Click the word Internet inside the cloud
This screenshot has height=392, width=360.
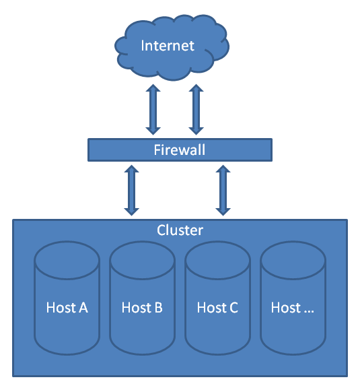pyautogui.click(x=168, y=46)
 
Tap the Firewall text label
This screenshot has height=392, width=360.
pyautogui.click(x=180, y=150)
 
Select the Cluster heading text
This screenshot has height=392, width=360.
pyautogui.click(x=180, y=230)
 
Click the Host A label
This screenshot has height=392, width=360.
pyautogui.click(x=67, y=307)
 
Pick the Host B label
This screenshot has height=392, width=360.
pyautogui.click(x=142, y=307)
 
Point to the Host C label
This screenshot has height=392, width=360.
pyautogui.click(x=217, y=307)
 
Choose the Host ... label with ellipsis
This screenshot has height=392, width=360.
pyautogui.click(x=292, y=307)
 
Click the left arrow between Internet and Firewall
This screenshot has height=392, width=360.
pyautogui.click(x=153, y=110)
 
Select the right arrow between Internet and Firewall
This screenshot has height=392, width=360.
pyautogui.click(x=196, y=110)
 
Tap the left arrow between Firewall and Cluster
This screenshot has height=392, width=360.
pyautogui.click(x=132, y=190)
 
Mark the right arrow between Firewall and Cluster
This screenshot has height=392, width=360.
pyautogui.click(x=223, y=190)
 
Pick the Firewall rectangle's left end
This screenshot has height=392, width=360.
pyautogui.click(x=88, y=150)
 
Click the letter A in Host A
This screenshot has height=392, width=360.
pyautogui.click(x=83, y=308)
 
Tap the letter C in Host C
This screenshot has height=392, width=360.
pyautogui.click(x=233, y=308)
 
